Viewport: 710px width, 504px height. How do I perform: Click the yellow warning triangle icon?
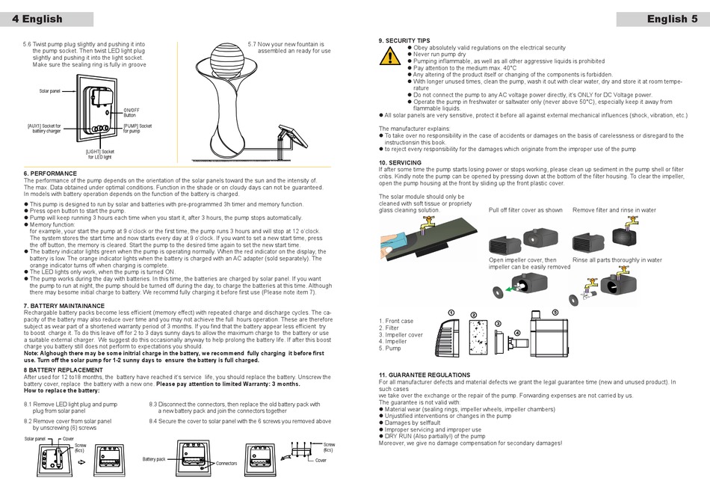[389, 56]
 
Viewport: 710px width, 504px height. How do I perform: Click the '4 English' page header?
[37, 19]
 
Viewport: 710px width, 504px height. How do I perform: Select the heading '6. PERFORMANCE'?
[50, 173]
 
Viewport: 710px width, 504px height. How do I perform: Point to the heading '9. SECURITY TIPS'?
[404, 40]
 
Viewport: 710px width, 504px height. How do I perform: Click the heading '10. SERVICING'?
[400, 162]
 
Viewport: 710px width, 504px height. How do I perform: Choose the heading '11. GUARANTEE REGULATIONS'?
[425, 375]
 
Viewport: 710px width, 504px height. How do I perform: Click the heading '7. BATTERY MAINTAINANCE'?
[64, 306]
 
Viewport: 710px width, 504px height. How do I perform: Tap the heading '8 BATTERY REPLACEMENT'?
[63, 369]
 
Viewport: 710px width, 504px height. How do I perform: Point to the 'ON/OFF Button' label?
[131, 113]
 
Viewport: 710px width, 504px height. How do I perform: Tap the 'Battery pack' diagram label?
[155, 459]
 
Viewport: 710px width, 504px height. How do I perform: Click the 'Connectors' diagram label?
[226, 464]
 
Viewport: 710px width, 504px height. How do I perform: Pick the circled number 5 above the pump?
[555, 312]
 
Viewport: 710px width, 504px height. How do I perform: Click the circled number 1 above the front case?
[451, 312]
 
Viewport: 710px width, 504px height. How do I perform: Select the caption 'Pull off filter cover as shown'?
[525, 211]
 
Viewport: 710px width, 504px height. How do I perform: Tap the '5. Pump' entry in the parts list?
[391, 348]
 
